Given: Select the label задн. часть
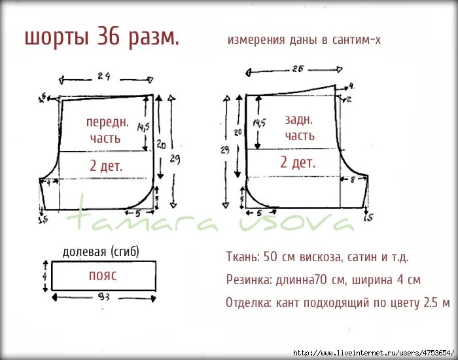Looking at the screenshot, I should click(300, 128).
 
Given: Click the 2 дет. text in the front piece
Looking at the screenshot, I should click(106, 166).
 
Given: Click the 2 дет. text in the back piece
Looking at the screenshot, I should click(298, 162).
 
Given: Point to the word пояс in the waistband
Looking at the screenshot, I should click(103, 276).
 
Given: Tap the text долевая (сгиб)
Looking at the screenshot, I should click(101, 251).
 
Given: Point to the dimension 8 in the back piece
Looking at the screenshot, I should click(353, 179).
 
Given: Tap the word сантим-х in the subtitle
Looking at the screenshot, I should click(356, 40).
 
